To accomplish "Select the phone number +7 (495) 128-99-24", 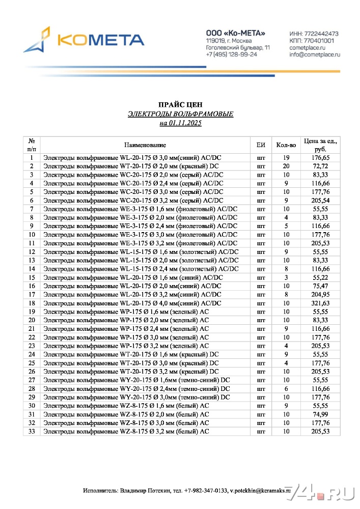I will tap(232, 54).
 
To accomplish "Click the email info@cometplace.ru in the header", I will tap(314, 54).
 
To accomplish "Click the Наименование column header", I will tap(145, 145).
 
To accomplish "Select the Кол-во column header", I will tap(286, 145).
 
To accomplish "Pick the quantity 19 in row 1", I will tap(286, 158).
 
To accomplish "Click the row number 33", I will tap(32, 432).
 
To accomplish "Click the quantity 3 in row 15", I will tap(286, 277).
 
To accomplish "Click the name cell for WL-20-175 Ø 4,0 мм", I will tap(132, 303).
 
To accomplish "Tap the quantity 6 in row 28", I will tap(286, 389).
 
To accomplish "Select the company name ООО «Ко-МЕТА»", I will tap(235, 33).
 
